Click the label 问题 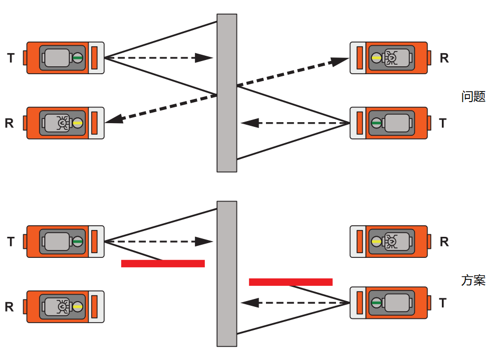pyautogui.click(x=472, y=96)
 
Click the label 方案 pyautogui.click(x=472, y=280)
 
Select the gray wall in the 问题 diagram pyautogui.click(x=226, y=93)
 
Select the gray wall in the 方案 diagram pyautogui.click(x=226, y=274)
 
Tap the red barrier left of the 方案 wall pyautogui.click(x=163, y=263)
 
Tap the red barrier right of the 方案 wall pyautogui.click(x=291, y=282)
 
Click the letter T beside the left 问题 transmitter pyautogui.click(x=11, y=58)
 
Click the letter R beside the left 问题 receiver pyautogui.click(x=9, y=123)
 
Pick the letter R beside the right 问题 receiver pyautogui.click(x=444, y=58)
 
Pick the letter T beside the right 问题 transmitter pyautogui.click(x=442, y=123)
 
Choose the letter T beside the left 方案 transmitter pyautogui.click(x=11, y=242)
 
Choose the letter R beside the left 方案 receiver pyautogui.click(x=9, y=307)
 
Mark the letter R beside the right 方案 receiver pyautogui.click(x=444, y=242)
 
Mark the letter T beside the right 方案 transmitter pyautogui.click(x=442, y=303)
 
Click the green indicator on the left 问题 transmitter pyautogui.click(x=78, y=58)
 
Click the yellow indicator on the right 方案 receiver pyautogui.click(x=376, y=242)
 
